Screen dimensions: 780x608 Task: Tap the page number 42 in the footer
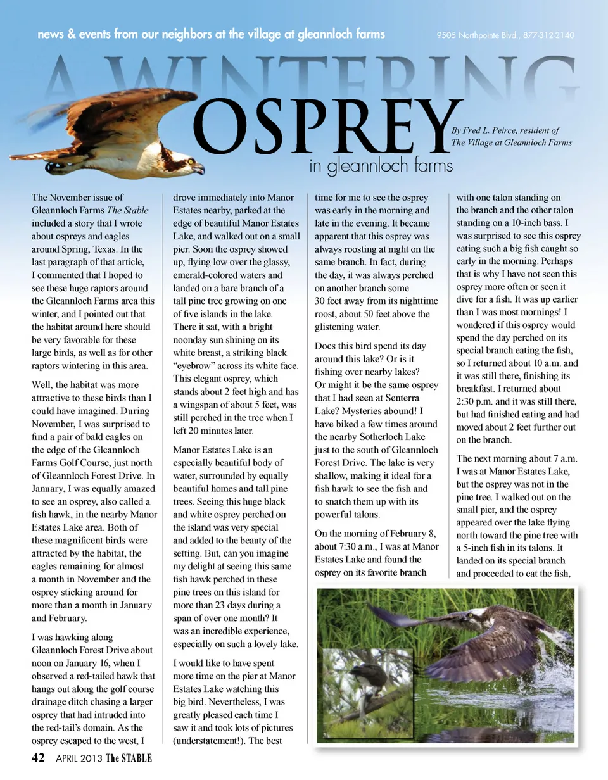coord(38,758)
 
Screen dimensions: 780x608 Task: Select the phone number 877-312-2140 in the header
coord(549,35)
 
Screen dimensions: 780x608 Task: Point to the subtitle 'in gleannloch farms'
coord(381,166)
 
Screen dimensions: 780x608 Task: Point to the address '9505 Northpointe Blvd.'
coord(477,35)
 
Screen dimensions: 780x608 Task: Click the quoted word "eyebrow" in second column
coord(196,365)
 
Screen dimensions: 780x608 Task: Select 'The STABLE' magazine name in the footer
coord(129,758)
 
